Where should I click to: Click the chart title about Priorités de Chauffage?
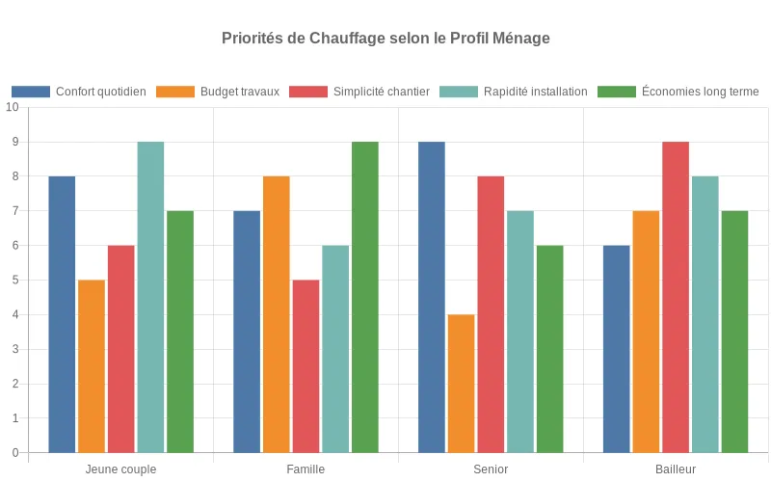[x=385, y=39]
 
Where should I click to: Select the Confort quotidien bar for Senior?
[x=432, y=297]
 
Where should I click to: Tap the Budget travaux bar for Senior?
[x=462, y=384]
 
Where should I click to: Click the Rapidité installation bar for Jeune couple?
[x=150, y=297]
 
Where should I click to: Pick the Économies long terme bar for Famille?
[x=365, y=297]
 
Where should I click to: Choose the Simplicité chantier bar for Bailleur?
[x=676, y=297]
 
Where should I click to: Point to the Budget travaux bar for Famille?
[x=277, y=314]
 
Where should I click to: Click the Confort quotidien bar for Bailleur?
[x=617, y=349]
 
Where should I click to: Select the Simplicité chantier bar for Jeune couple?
[x=121, y=349]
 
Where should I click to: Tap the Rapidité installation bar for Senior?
[x=520, y=332]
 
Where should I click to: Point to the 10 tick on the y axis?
[x=13, y=107]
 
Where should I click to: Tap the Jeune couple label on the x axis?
[x=120, y=469]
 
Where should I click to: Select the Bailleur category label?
[x=676, y=469]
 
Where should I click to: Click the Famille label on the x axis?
[x=306, y=469]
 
